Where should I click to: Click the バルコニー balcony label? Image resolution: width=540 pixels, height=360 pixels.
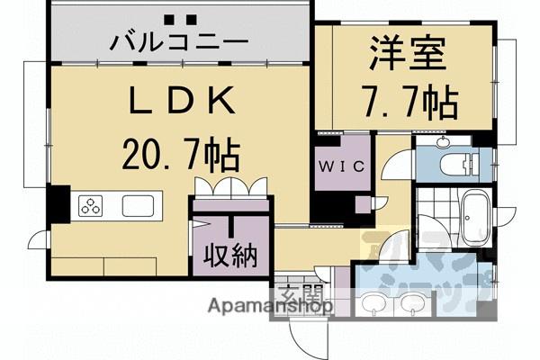[x=181, y=41]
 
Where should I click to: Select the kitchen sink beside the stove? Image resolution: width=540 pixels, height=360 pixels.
[x=138, y=206]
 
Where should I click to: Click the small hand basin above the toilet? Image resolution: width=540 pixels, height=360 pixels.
[x=444, y=142]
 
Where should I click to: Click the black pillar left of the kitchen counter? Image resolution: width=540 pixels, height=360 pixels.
[x=59, y=202]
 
